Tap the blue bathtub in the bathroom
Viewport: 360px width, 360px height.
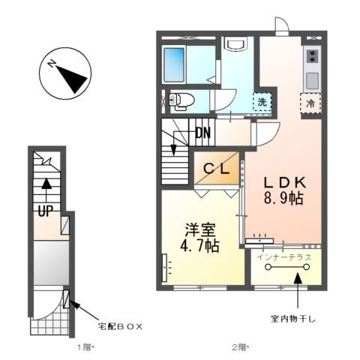click(x=174, y=64)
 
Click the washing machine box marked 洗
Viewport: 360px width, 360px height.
click(x=262, y=101)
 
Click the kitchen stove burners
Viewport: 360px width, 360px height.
click(x=311, y=55)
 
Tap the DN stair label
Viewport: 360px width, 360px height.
click(x=202, y=134)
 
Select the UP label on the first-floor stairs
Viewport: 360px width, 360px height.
click(x=45, y=211)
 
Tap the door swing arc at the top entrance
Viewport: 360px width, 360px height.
click(x=282, y=27)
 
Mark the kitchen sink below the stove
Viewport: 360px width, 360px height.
click(x=311, y=79)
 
